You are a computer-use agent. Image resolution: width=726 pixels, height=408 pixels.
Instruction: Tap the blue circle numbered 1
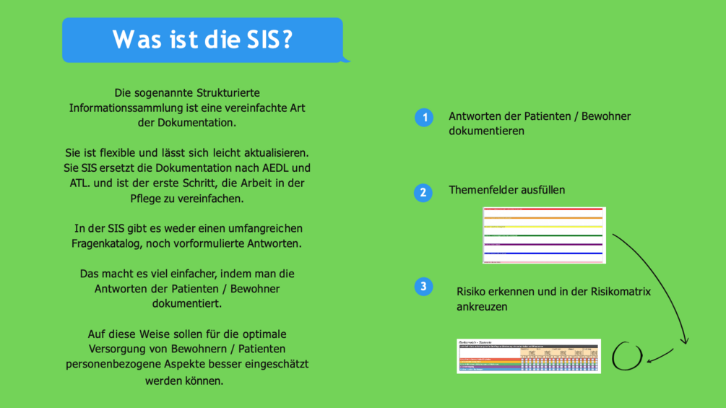[424, 117]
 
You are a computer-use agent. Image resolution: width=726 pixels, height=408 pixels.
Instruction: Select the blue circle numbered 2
[424, 193]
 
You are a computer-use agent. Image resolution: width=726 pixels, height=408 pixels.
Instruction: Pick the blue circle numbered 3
[424, 287]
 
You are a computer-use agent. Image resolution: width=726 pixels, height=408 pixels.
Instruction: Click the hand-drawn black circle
[627, 357]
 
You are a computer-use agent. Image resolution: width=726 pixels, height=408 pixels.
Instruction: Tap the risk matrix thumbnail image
[529, 356]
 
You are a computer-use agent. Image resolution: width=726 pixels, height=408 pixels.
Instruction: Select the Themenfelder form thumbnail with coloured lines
[544, 235]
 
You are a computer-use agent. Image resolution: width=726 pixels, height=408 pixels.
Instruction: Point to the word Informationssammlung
[126, 108]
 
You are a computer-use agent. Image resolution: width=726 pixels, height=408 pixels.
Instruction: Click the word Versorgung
[116, 350]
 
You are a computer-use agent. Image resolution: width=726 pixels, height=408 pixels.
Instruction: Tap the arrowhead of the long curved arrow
[685, 341]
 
